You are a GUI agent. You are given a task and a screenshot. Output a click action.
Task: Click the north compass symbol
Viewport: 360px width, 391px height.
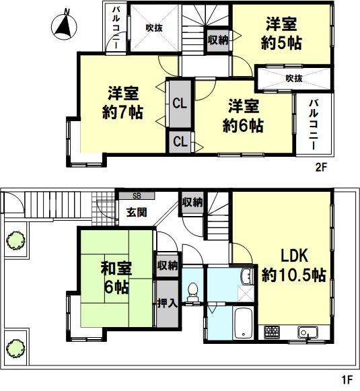[x=64, y=26]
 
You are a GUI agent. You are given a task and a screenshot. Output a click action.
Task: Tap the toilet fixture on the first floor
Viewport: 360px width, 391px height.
[x=192, y=292]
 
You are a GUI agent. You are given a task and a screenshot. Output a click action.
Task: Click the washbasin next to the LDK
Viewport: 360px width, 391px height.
[x=247, y=277]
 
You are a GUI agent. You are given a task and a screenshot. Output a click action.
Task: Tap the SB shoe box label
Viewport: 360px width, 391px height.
[x=137, y=196]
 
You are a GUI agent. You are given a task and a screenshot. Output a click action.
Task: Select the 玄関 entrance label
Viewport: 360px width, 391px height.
[x=137, y=213]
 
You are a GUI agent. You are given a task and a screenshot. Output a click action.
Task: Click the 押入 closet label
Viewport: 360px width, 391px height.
[x=168, y=304]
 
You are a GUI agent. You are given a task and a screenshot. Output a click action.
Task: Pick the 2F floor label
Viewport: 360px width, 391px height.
[x=321, y=167]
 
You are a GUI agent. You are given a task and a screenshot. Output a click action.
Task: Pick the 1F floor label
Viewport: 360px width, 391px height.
[x=347, y=380]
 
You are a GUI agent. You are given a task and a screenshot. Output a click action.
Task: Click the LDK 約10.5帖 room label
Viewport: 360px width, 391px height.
[x=294, y=265]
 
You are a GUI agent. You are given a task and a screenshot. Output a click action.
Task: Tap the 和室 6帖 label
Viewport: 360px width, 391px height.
[x=116, y=278]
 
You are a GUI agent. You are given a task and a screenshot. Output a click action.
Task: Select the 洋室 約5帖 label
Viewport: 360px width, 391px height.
[x=281, y=33]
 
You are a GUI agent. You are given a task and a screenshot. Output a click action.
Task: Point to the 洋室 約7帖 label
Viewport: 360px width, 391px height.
[x=122, y=102]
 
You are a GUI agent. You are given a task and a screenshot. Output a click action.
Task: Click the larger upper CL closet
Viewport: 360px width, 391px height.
[x=180, y=103]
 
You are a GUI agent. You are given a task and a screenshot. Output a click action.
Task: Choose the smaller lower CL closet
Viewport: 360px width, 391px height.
[x=180, y=142]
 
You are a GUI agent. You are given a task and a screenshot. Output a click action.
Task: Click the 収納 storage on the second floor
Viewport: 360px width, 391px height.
[x=218, y=40]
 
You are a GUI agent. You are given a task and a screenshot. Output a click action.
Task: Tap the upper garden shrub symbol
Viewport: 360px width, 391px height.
[x=15, y=241]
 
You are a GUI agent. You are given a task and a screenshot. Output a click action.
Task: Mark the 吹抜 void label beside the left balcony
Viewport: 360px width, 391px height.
[x=154, y=28]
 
